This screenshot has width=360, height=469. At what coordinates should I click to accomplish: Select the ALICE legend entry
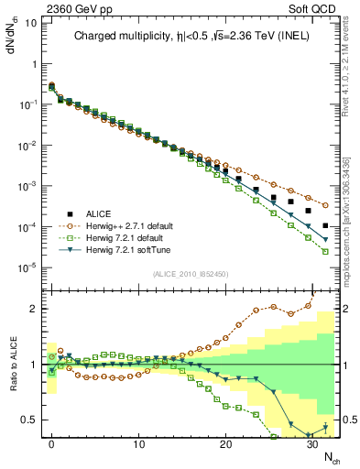(x=104, y=213)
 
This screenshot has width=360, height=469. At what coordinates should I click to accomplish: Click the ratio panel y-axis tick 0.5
(x=28, y=420)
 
